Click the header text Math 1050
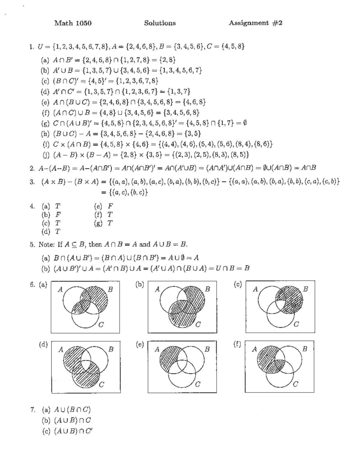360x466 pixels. click(73, 23)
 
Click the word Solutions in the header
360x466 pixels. click(160, 23)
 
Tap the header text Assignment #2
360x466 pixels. click(256, 23)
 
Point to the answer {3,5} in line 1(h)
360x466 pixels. click(192, 133)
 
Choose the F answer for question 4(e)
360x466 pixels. click(110, 206)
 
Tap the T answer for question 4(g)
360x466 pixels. click(110, 223)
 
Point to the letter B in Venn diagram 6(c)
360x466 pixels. click(305, 289)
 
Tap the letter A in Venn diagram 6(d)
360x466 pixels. click(61, 349)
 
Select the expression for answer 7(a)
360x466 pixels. click(72, 410)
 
